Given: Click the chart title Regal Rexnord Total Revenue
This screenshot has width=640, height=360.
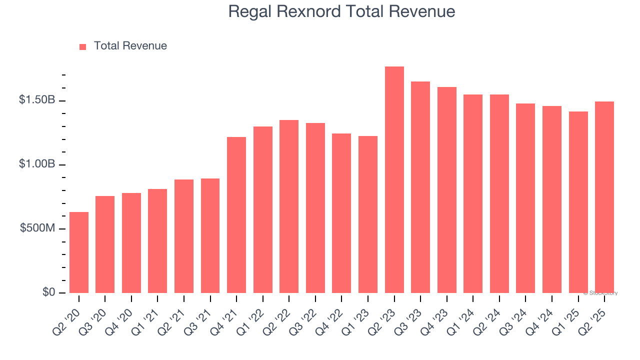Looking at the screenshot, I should [341, 11].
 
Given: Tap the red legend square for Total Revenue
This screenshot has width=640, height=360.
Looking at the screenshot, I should [82, 46].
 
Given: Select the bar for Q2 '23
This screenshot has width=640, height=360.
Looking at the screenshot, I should [394, 180].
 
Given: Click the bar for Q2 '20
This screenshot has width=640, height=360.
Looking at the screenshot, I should [79, 252].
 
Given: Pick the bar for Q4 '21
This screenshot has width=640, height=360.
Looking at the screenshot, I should [236, 215].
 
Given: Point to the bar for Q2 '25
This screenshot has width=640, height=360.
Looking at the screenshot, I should [604, 197].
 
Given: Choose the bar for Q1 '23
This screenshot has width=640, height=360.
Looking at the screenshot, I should [368, 214].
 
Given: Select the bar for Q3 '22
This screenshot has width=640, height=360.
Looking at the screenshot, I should [315, 208].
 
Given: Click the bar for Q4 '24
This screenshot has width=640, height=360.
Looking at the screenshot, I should [552, 199].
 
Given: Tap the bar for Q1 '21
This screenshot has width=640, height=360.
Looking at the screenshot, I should [157, 241].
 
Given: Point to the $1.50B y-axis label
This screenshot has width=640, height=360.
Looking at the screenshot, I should [37, 100].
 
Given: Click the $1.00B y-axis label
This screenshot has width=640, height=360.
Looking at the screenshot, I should [37, 164].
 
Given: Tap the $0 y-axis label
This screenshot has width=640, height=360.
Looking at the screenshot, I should [48, 292].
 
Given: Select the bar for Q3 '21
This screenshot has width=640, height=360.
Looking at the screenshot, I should [210, 235].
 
